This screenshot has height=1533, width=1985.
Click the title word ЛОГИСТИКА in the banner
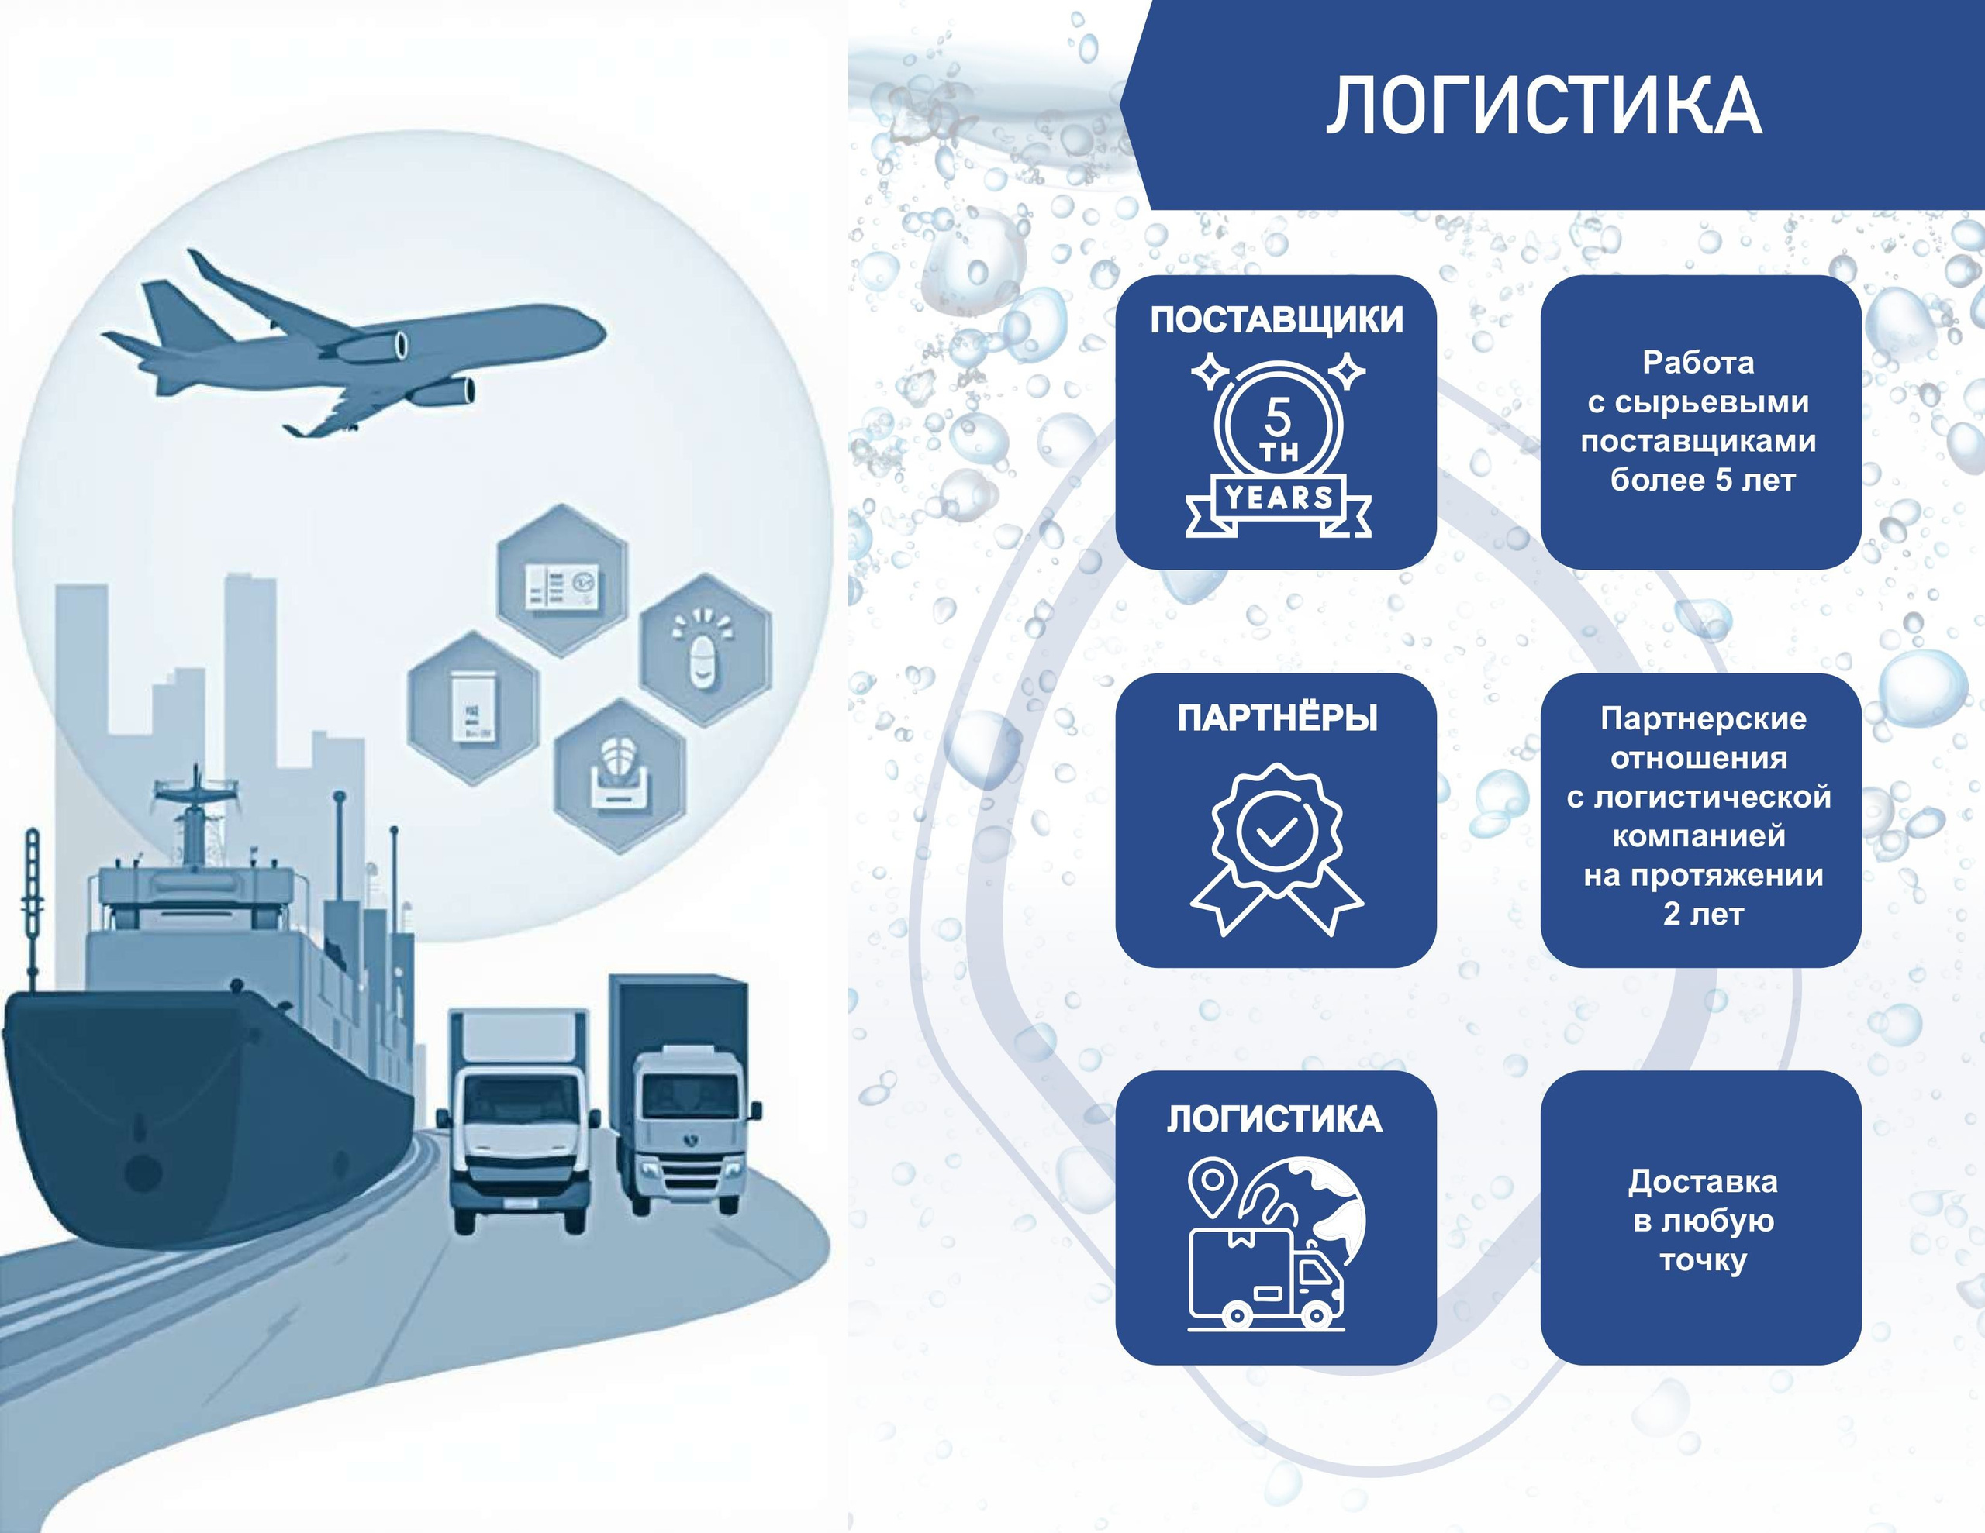pos(1543,107)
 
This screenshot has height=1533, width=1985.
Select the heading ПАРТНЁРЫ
pos(1277,718)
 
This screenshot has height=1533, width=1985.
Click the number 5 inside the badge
pos(1277,418)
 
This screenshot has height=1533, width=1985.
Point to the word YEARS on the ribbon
pos(1279,497)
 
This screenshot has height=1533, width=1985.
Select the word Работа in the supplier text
pos(1698,363)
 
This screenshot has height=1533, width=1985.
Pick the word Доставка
pos(1702,1181)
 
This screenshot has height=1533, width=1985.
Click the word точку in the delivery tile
pos(1704,1260)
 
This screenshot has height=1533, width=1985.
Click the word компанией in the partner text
pos(1699,835)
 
